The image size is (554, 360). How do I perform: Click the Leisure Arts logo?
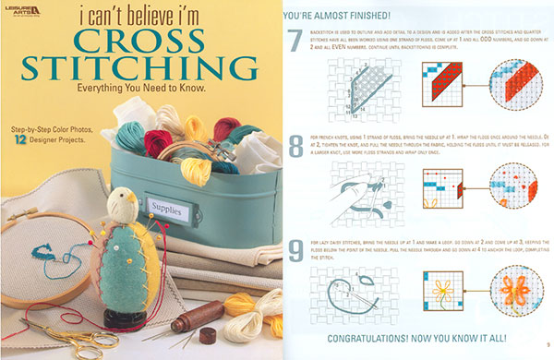(25, 12)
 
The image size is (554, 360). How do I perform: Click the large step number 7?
(295, 42)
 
